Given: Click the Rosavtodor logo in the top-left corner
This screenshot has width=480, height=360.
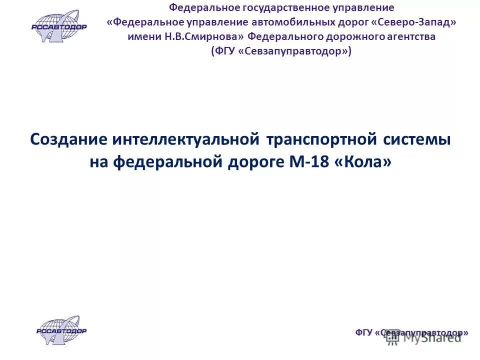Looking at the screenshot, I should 59,25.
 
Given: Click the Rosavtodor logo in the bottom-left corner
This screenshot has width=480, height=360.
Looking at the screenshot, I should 61,330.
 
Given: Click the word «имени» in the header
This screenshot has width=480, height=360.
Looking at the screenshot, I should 142,37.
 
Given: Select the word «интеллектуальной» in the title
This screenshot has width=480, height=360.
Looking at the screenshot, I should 186,139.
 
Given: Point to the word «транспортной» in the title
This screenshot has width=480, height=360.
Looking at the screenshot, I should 321,139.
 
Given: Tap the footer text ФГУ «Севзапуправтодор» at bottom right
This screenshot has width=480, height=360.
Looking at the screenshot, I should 412,332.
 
